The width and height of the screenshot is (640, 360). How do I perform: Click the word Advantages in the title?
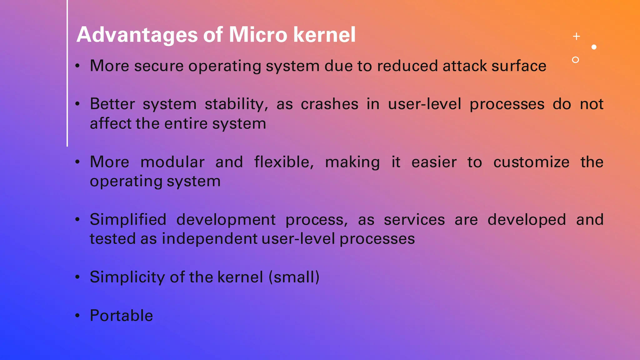click(137, 35)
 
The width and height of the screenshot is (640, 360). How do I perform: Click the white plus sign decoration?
click(577, 37)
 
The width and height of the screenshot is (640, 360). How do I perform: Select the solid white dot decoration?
click(594, 47)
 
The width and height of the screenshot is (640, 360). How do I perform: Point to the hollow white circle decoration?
click(575, 60)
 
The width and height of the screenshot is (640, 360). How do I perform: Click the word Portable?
click(121, 315)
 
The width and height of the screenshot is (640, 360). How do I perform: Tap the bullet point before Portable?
click(77, 316)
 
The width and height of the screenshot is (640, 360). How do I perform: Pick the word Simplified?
click(128, 219)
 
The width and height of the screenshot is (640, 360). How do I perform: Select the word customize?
click(531, 162)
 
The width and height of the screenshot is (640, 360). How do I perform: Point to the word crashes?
click(329, 104)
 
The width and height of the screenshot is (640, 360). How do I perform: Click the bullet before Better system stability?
click(77, 104)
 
